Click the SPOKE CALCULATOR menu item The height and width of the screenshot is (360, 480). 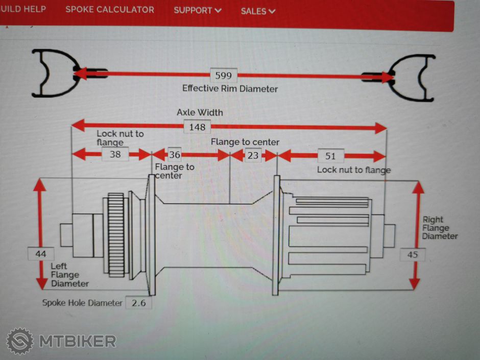pyautogui.click(x=109, y=10)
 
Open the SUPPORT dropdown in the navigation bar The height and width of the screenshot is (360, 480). pyautogui.click(x=197, y=10)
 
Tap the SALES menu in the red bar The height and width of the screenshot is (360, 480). pyautogui.click(x=258, y=11)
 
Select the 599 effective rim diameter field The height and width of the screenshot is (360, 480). pyautogui.click(x=223, y=76)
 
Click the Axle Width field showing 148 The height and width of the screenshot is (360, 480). pyautogui.click(x=197, y=127)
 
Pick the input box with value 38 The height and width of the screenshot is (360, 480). pyautogui.click(x=115, y=154)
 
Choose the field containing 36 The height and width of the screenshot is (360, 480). pyautogui.click(x=175, y=154)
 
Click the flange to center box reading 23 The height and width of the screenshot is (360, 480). pyautogui.click(x=253, y=155)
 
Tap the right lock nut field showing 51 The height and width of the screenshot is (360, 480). pyautogui.click(x=330, y=155)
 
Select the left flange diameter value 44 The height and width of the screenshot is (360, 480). pyautogui.click(x=40, y=254)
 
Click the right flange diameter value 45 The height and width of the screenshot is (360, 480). pyautogui.click(x=412, y=254)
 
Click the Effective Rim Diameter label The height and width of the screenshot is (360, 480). pyautogui.click(x=230, y=88)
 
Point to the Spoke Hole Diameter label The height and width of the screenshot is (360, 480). pyautogui.click(x=82, y=303)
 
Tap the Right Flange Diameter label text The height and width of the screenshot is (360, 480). pyautogui.click(x=439, y=228)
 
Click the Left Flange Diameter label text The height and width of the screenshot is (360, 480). pyautogui.click(x=69, y=275)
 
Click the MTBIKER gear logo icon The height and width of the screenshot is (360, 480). pyautogui.click(x=20, y=341)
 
